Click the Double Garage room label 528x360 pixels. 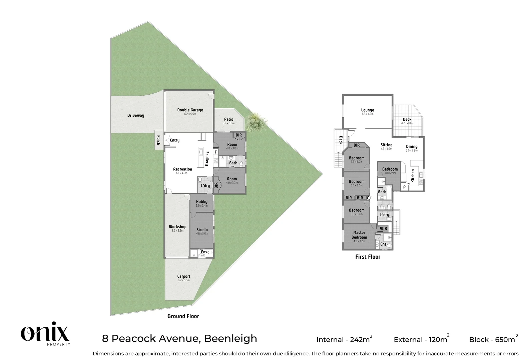(x=190, y=110)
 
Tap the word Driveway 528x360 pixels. (x=136, y=116)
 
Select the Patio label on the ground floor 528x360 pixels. (x=228, y=119)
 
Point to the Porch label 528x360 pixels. (x=158, y=140)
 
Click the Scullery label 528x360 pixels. (x=207, y=159)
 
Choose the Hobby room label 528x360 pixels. (x=201, y=202)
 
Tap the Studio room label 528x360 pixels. (x=202, y=230)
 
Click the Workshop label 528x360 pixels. (x=177, y=227)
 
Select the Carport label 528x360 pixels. (x=184, y=276)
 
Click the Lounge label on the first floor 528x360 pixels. (x=368, y=110)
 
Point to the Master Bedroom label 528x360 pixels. (x=359, y=235)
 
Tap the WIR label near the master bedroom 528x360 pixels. (x=383, y=228)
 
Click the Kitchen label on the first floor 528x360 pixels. (x=413, y=175)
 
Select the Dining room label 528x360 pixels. (x=412, y=147)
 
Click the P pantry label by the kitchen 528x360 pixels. (x=404, y=187)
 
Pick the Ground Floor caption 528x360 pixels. (x=183, y=316)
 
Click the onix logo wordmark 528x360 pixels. (x=45, y=332)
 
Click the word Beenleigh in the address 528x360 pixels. (x=230, y=338)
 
